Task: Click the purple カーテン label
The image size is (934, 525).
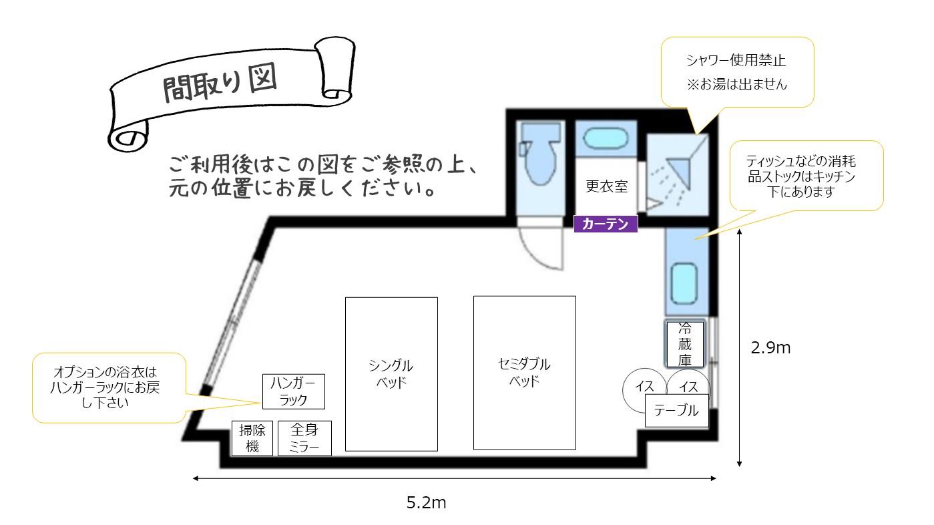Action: click(606, 224)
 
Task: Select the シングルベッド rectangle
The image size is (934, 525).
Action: click(391, 374)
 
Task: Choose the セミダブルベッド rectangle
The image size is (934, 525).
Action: click(525, 373)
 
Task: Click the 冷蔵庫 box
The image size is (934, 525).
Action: click(685, 344)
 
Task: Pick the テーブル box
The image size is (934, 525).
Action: click(676, 411)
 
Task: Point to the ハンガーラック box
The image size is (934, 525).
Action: click(294, 391)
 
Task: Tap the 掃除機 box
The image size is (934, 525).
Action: click(252, 438)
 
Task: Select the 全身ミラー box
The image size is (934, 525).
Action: click(304, 438)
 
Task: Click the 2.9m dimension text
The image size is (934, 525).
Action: click(770, 347)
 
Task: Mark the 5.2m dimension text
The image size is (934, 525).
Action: click(426, 502)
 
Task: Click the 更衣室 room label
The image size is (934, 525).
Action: click(607, 186)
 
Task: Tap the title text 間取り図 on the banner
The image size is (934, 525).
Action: click(220, 83)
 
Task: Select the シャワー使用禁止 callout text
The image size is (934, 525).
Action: click(736, 61)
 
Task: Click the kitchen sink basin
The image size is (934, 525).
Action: click(684, 283)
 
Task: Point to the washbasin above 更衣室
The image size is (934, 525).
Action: click(606, 138)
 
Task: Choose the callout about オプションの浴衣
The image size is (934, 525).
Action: click(109, 387)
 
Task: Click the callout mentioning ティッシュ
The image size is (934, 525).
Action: click(806, 176)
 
